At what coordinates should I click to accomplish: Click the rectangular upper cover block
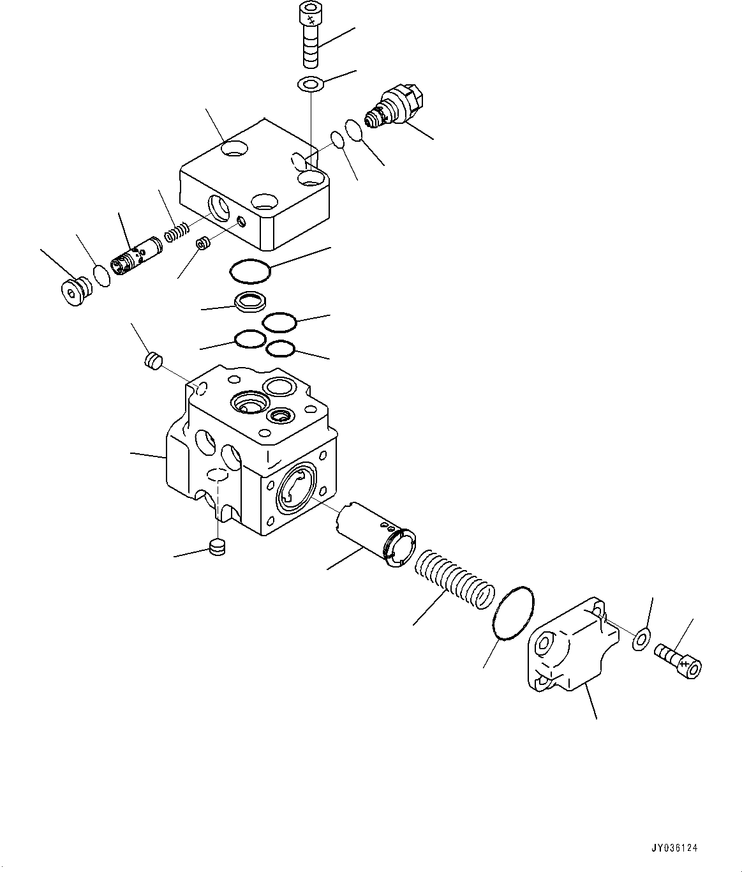point(255,192)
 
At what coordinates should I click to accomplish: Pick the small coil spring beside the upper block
point(177,232)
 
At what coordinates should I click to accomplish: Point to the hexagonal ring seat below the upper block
point(249,301)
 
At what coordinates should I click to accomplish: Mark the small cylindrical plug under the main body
point(218,547)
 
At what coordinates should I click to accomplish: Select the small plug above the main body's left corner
point(152,361)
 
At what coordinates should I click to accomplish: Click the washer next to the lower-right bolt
point(641,639)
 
